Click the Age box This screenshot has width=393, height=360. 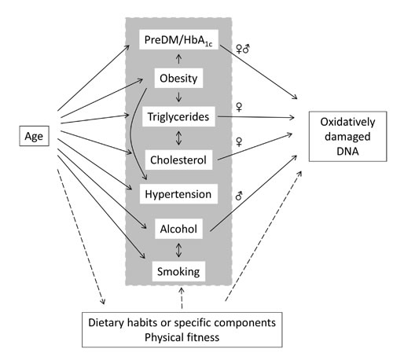[34, 136]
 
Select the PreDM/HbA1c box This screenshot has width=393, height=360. [178, 39]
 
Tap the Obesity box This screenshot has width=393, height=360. [178, 78]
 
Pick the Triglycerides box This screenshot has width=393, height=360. [178, 116]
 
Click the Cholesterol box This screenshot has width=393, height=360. [178, 160]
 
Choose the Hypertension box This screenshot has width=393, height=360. [178, 194]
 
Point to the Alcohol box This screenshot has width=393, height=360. [178, 229]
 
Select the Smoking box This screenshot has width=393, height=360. [178, 271]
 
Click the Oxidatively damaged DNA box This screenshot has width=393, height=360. [347, 137]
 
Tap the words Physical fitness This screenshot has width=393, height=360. [182, 337]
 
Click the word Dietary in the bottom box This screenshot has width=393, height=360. [106, 322]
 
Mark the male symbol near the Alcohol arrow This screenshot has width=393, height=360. [239, 196]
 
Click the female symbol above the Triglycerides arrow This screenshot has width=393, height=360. [239, 107]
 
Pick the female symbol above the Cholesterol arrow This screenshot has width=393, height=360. [239, 141]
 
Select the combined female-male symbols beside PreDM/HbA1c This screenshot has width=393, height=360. [243, 49]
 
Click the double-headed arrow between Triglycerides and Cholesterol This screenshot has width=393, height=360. [178, 138]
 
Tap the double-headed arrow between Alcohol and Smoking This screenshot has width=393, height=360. [178, 250]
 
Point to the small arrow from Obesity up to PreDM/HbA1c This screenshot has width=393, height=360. [178, 59]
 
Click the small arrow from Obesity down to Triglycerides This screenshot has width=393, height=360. [178, 97]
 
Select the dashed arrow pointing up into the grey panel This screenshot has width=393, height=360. [182, 298]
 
